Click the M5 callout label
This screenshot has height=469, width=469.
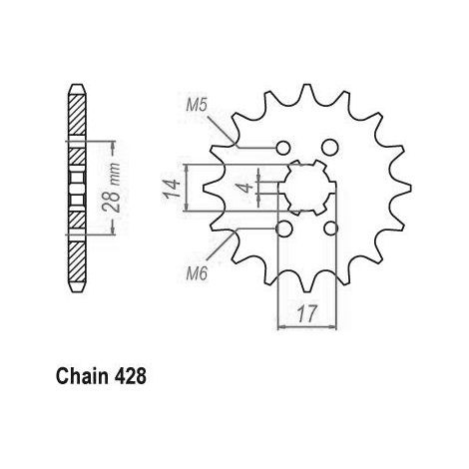pyautogui.click(x=197, y=106)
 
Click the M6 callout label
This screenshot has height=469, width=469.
pyautogui.click(x=197, y=273)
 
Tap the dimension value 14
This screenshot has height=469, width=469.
pyautogui.click(x=172, y=188)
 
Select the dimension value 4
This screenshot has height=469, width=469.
pyautogui.click(x=246, y=188)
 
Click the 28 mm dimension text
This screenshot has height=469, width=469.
pyautogui.click(x=112, y=188)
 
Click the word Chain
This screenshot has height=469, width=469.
pyautogui.click(x=82, y=376)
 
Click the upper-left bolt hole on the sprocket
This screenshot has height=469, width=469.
pyautogui.click(x=283, y=148)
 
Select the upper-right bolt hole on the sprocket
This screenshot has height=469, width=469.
pyautogui.click(x=330, y=147)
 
